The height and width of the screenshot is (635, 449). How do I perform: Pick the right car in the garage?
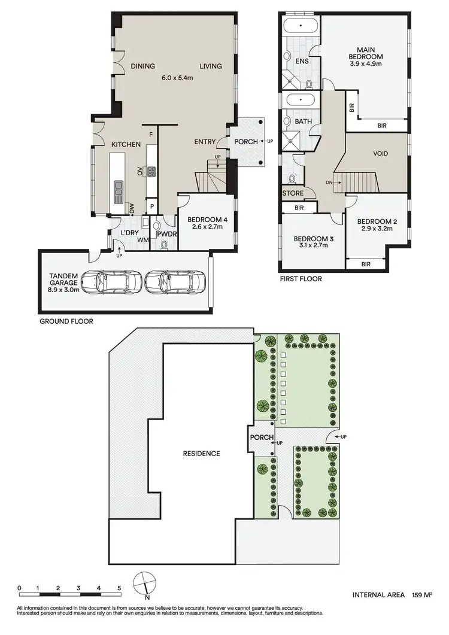(175, 281)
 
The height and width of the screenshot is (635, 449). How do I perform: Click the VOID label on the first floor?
(380, 154)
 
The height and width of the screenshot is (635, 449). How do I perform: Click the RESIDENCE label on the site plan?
(201, 453)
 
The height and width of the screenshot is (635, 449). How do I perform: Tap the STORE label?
(293, 193)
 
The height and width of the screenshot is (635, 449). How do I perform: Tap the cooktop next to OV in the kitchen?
(151, 172)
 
